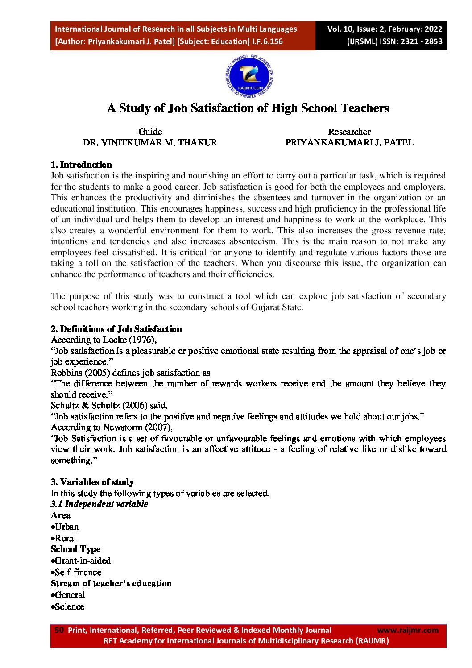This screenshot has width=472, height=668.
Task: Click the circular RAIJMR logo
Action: pyautogui.click(x=249, y=77)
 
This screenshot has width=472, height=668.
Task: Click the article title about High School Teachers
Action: pyautogui.click(x=248, y=108)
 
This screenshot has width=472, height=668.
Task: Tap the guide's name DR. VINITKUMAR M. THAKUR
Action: pyautogui.click(x=150, y=143)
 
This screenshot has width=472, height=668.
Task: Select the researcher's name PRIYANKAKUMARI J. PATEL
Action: pyautogui.click(x=349, y=143)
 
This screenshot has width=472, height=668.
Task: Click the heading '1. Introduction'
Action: pyautogui.click(x=81, y=165)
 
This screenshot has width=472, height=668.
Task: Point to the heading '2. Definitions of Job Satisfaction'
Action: pyautogui.click(x=116, y=329)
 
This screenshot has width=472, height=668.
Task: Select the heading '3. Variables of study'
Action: pyautogui.click(x=92, y=482)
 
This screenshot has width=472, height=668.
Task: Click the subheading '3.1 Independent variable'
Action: pyautogui.click(x=99, y=504)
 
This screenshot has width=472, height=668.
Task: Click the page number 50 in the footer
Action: pyautogui.click(x=59, y=630)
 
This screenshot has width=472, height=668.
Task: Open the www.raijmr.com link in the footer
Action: pyautogui.click(x=408, y=630)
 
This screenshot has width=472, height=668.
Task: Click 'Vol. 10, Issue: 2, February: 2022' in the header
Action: pyautogui.click(x=385, y=29)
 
